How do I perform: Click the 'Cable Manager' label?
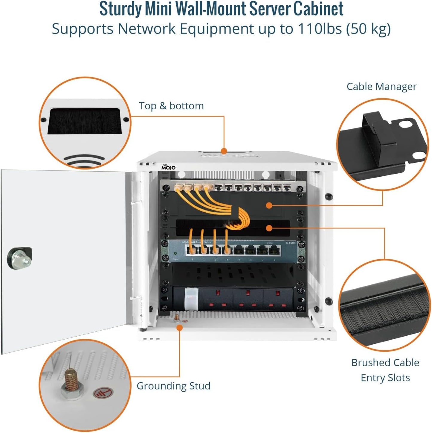[381, 87]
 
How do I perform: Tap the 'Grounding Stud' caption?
[173, 386]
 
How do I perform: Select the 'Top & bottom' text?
[171, 106]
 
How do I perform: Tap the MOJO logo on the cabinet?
[168, 167]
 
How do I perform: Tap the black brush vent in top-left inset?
[85, 121]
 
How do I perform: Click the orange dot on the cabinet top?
[224, 151]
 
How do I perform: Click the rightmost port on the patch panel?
[287, 188]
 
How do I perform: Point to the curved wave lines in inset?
[85, 161]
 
